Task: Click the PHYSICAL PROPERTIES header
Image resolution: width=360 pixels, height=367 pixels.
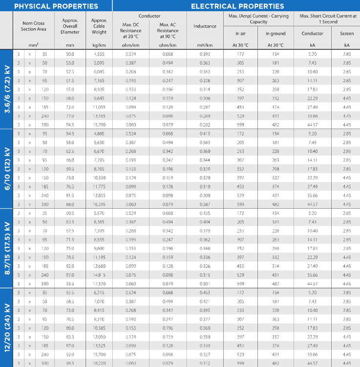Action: [56, 6]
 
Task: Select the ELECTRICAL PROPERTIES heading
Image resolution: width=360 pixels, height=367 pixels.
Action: [237, 6]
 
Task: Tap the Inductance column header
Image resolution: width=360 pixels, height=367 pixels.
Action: [205, 26]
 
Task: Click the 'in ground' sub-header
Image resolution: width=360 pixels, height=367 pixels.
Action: [275, 33]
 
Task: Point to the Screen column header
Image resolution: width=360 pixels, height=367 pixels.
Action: [347, 33]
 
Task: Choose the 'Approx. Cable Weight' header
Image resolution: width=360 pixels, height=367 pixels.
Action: [99, 26]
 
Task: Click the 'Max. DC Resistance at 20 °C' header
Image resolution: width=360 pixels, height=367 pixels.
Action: [131, 30]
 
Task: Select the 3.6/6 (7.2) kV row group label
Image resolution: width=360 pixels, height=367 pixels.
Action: [7, 89]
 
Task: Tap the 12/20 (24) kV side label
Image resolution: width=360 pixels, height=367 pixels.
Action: [7, 327]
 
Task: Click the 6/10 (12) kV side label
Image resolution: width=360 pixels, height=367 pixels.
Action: [7, 169]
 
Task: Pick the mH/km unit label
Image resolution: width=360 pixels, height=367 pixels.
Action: [205, 45]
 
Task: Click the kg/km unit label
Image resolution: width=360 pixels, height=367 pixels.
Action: [99, 45]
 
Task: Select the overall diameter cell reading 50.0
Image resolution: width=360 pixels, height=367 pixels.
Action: [70, 54]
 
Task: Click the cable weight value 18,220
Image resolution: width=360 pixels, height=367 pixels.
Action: [99, 364]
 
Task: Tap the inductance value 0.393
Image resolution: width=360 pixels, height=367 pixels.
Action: [205, 54]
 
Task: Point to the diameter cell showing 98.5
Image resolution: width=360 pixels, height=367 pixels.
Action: [70, 364]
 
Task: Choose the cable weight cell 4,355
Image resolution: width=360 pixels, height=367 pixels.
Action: [99, 54]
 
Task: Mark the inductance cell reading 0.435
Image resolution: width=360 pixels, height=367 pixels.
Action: [205, 213]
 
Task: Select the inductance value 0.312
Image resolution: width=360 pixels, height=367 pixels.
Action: [205, 364]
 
